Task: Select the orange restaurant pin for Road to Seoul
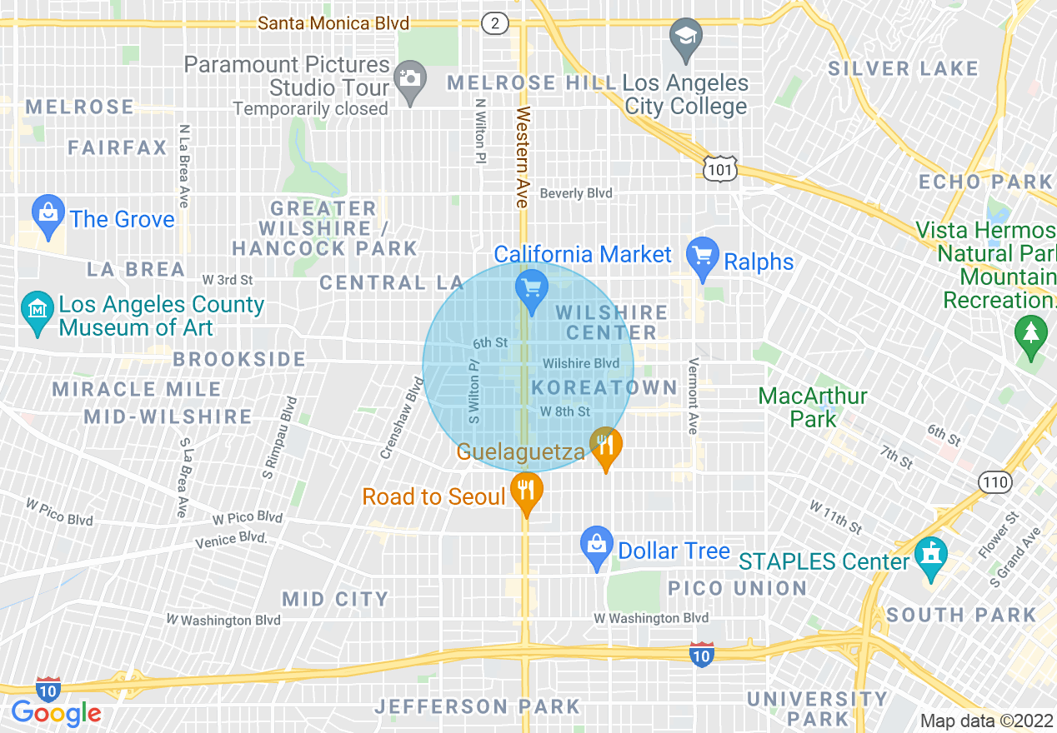pos(525,491)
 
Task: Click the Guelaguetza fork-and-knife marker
pos(606,446)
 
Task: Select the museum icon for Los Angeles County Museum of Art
pos(38,311)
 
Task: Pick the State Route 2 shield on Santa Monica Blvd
pos(494,23)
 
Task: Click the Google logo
pos(56,713)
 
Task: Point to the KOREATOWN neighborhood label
pos(604,387)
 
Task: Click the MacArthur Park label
pos(813,406)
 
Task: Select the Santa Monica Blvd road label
pos(333,23)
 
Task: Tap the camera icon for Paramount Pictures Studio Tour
pos(409,79)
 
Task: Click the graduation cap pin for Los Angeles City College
pos(686,38)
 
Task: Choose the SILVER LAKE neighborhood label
pos(902,68)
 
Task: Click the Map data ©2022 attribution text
pos(986,721)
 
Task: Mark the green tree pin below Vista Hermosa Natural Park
pos(1031,334)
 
